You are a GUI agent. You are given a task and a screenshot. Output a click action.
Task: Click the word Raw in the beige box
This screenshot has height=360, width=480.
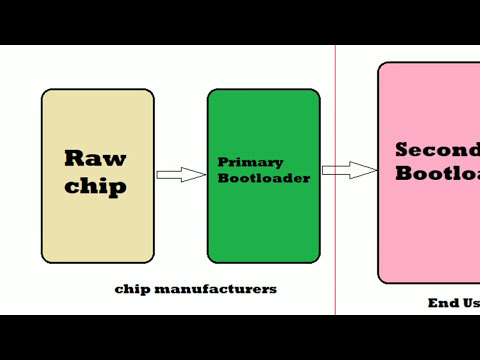(95, 158)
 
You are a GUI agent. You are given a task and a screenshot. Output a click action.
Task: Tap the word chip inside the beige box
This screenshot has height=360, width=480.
(97, 187)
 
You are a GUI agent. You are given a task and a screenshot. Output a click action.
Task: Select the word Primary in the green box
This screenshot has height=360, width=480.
(250, 162)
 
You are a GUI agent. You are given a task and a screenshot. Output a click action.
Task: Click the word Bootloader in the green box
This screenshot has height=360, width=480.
(263, 178)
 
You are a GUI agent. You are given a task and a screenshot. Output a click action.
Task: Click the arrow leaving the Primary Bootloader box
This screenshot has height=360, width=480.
(349, 170)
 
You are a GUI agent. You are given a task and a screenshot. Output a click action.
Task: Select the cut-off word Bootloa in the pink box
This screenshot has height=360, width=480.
(437, 173)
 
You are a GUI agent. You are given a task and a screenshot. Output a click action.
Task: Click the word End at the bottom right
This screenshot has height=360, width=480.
(442, 302)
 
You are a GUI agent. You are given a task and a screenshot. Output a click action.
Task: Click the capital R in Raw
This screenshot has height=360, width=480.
(74, 158)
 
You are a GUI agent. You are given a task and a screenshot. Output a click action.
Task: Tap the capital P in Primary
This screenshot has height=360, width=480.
(223, 162)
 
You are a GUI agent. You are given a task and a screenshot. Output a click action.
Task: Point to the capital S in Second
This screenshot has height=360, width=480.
(402, 150)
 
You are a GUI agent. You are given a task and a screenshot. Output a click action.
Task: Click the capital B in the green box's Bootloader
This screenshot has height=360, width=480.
(222, 178)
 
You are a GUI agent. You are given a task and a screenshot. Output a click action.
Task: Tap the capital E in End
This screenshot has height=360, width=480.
(432, 302)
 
